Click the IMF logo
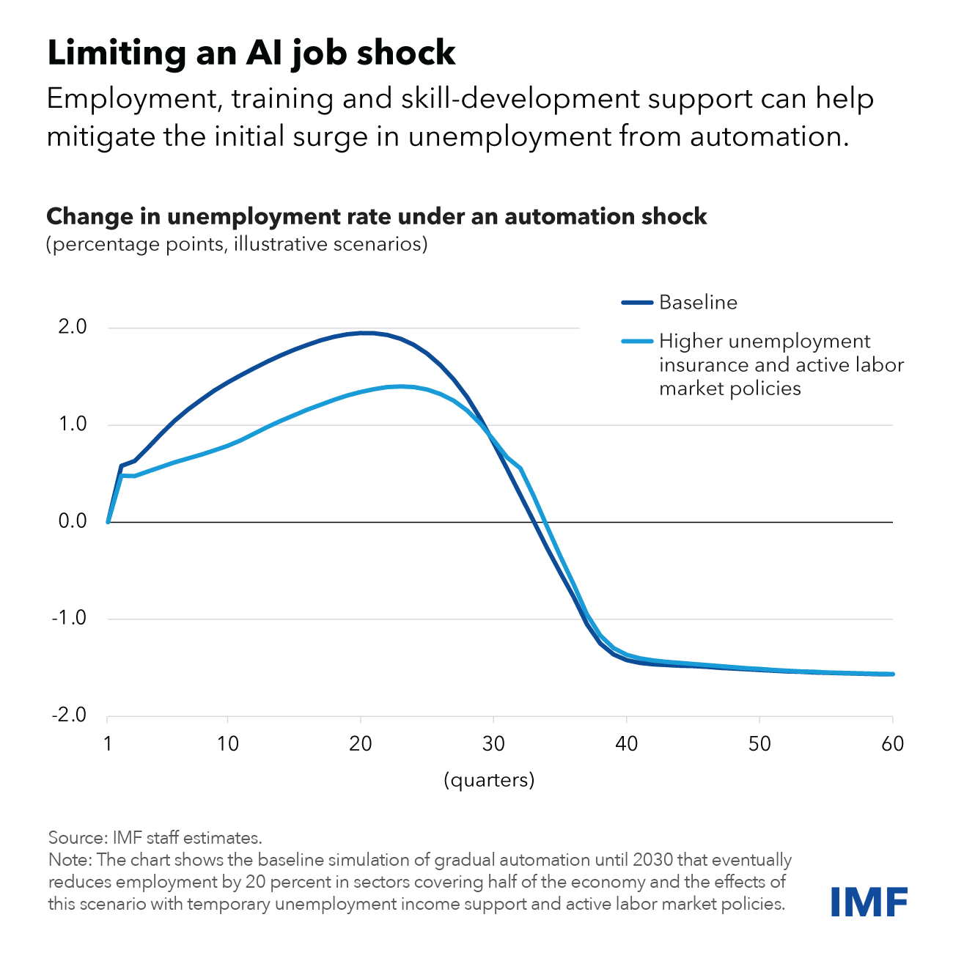[869, 901]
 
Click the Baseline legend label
[698, 302]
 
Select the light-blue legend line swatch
[636, 341]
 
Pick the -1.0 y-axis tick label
[68, 618]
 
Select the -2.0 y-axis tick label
[68, 715]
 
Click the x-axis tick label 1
[108, 743]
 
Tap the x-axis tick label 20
[360, 743]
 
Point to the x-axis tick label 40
[626, 743]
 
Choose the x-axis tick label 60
[892, 743]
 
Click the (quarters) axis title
[489, 779]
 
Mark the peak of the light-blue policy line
[400, 386]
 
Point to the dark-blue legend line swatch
[636, 302]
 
